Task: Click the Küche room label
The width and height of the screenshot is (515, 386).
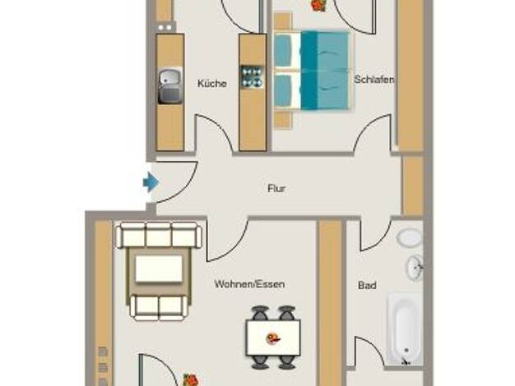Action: point(212,83)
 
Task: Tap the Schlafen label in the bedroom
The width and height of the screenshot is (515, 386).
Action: point(373,80)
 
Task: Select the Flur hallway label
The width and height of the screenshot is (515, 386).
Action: point(276,189)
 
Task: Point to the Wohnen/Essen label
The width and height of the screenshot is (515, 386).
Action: point(249,284)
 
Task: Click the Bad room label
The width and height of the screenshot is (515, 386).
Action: point(367,285)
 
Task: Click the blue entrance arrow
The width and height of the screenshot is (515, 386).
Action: point(151,182)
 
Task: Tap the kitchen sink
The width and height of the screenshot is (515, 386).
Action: point(169,86)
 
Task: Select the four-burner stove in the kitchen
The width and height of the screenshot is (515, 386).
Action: point(253,77)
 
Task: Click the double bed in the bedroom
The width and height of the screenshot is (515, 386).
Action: point(312,71)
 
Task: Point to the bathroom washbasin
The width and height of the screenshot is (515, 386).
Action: point(415,268)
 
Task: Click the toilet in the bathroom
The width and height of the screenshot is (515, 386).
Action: point(410,237)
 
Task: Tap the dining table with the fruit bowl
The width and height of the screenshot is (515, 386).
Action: point(273,338)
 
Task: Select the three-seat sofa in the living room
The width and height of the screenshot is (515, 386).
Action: point(159,235)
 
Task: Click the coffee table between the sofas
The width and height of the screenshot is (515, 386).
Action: point(159,269)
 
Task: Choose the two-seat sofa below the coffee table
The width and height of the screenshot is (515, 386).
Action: point(160,307)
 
